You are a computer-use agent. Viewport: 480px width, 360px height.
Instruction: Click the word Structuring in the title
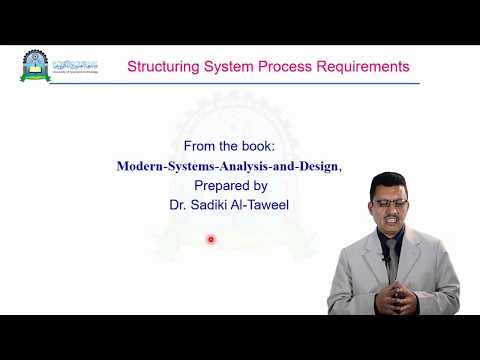(160, 67)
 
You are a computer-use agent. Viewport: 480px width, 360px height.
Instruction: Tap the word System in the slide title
(226, 67)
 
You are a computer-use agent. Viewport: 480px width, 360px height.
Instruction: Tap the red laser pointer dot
(211, 239)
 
